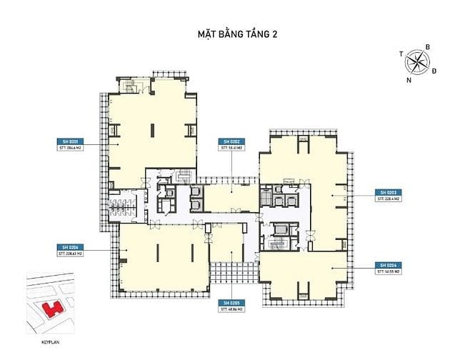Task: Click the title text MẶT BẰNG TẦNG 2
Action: [236, 33]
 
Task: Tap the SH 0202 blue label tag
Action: [232, 140]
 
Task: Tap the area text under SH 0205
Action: [232, 311]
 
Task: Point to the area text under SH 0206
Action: [68, 253]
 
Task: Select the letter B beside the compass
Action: [427, 48]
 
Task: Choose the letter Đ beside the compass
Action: [434, 71]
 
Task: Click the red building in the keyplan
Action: [51, 309]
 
